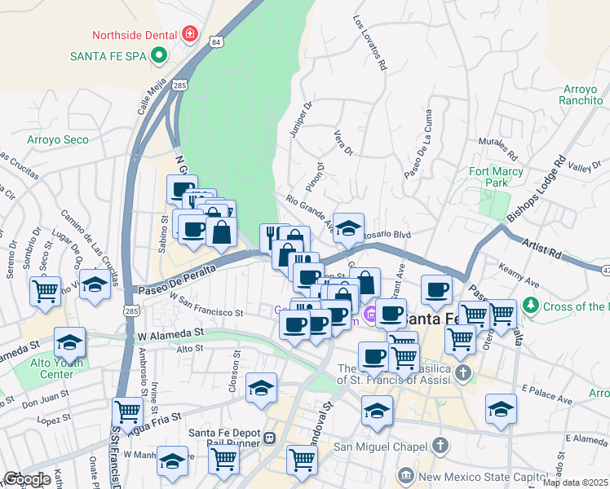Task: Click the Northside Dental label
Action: click(135, 35)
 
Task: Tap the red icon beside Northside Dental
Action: click(189, 33)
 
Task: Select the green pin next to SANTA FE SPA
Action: click(160, 57)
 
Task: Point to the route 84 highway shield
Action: click(214, 41)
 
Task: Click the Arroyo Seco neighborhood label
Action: click(57, 139)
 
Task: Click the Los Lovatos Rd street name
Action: click(369, 42)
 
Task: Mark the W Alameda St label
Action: click(170, 333)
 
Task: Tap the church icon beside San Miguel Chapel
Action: click(440, 446)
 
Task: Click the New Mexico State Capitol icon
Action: click(405, 475)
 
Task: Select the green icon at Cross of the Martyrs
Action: click(532, 306)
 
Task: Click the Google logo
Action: click(26, 479)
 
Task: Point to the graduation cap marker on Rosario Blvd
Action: click(348, 229)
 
